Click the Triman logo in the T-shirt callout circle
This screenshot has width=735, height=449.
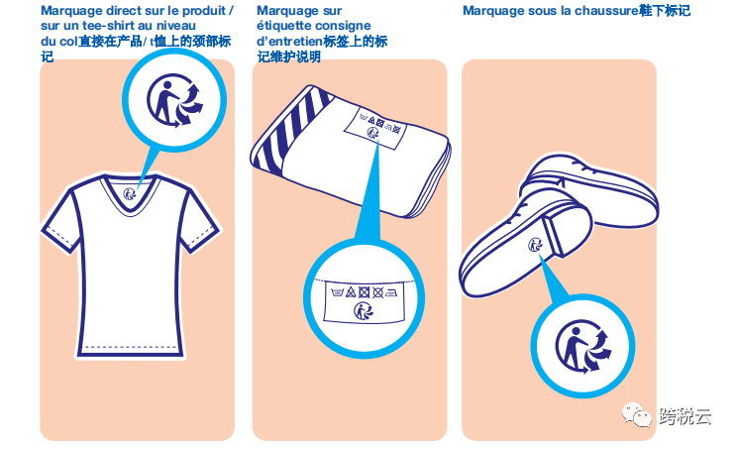(175, 100)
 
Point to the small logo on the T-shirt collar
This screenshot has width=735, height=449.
(129, 193)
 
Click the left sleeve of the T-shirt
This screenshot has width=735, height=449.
(61, 220)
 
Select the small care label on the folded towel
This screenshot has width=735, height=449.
(375, 126)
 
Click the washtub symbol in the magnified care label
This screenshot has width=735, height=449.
(338, 292)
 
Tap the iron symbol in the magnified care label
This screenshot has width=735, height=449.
(392, 292)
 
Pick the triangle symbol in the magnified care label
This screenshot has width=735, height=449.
(351, 292)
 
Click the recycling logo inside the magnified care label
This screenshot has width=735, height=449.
(364, 310)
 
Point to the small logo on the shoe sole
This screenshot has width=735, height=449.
(535, 245)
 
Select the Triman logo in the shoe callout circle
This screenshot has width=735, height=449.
(583, 347)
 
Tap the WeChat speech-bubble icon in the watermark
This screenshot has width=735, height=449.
(636, 415)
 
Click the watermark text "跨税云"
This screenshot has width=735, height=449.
(685, 416)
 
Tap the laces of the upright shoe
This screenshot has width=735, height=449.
(576, 166)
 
